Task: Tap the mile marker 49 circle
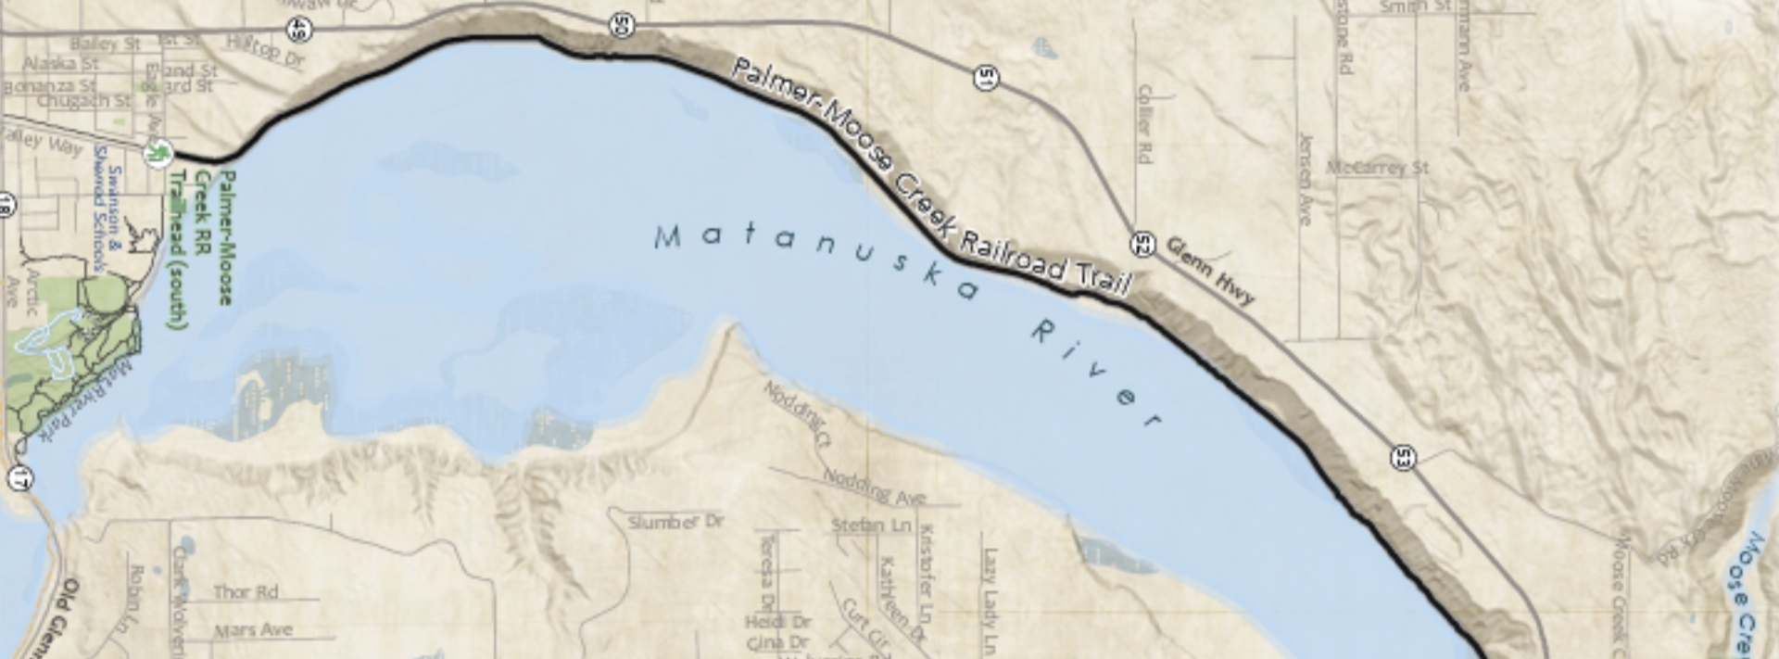coord(299,30)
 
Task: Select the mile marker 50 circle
coord(623,26)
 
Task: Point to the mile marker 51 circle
coord(988,78)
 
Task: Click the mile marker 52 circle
coord(1142,245)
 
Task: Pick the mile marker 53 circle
coord(1404,457)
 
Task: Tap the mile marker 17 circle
coord(19,477)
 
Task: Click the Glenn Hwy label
coord(1209,271)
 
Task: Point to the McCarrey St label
coord(1377,168)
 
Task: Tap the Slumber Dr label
coord(675,522)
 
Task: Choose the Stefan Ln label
coord(871,526)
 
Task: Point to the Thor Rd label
coord(246,591)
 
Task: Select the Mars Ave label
coord(253,630)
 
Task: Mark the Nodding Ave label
coord(874,488)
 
